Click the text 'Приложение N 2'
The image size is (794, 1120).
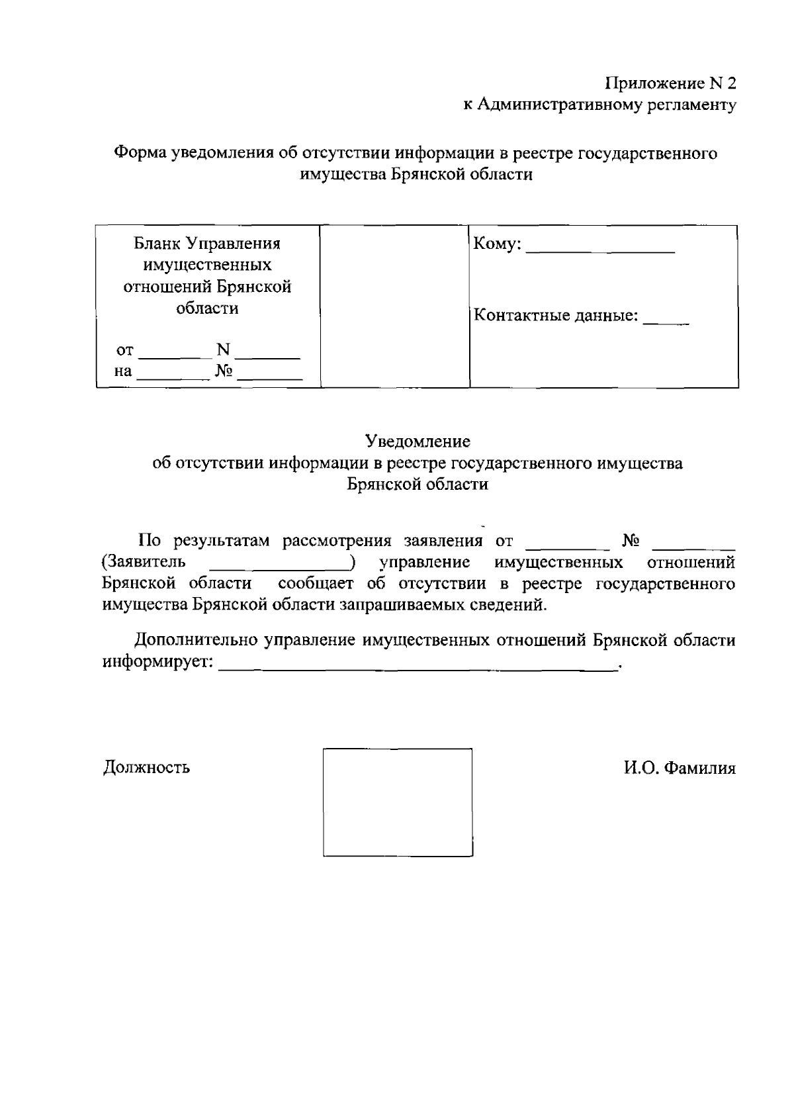click(x=670, y=83)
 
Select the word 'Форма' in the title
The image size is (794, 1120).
click(x=140, y=154)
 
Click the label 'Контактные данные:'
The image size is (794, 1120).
click(x=556, y=316)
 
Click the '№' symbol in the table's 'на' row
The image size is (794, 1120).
click(x=224, y=371)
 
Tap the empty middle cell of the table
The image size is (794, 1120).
click(x=394, y=306)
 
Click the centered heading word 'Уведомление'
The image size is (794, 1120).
click(x=418, y=441)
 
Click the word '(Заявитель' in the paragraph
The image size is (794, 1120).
click(x=144, y=562)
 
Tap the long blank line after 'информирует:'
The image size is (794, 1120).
click(x=417, y=669)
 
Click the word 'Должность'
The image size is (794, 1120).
click(x=146, y=767)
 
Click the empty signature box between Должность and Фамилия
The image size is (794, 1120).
click(x=397, y=802)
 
